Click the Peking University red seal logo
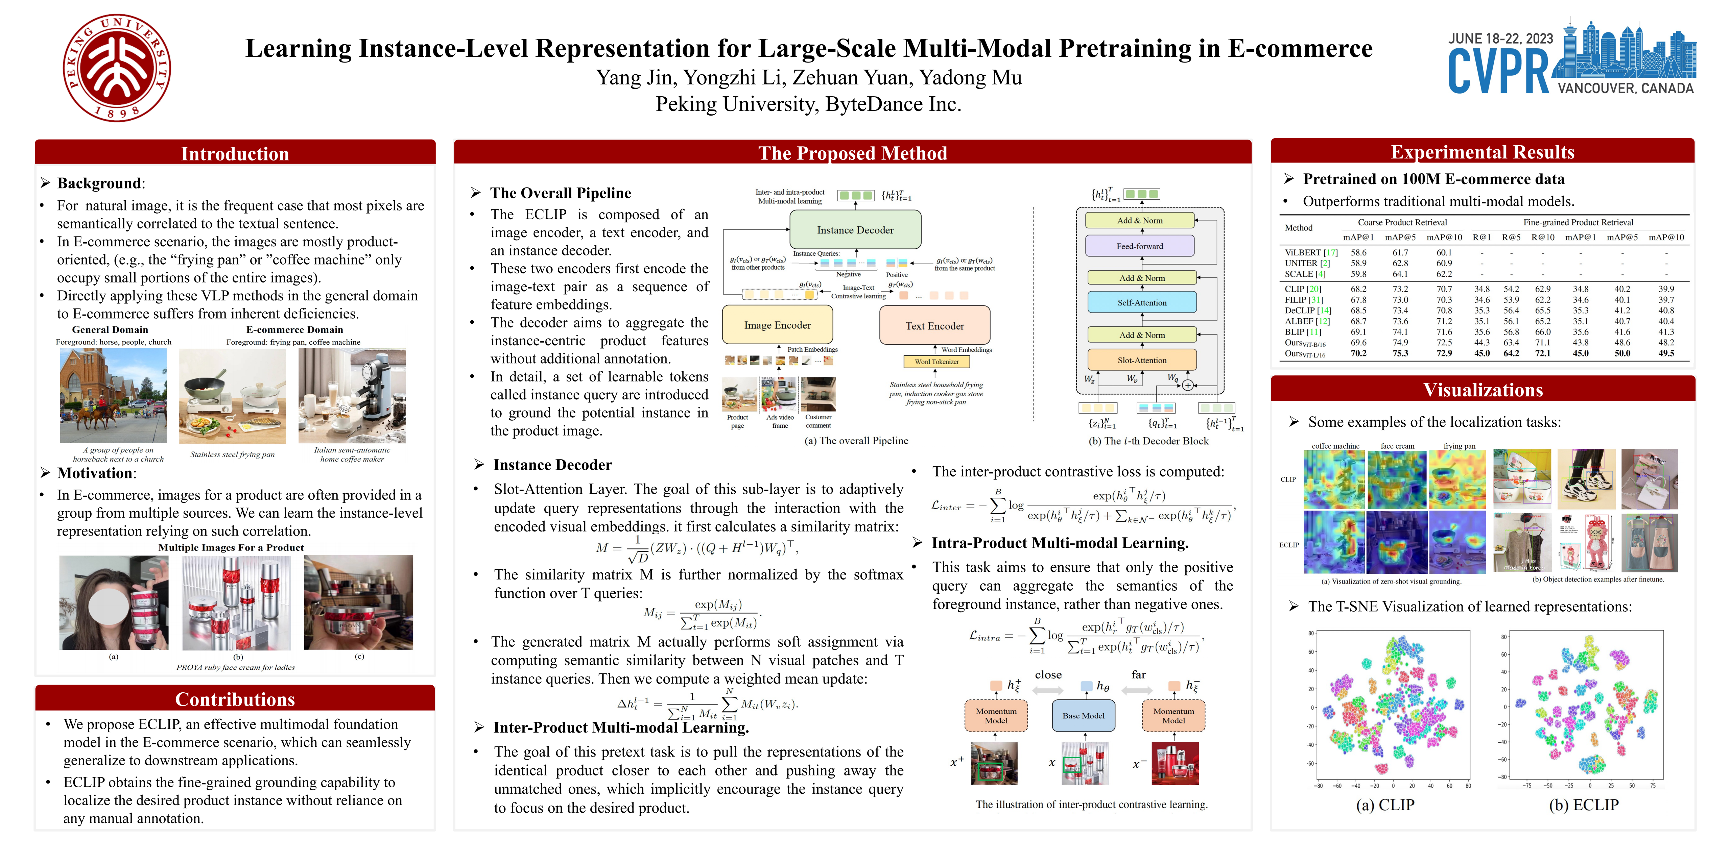(x=117, y=68)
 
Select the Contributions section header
(x=235, y=699)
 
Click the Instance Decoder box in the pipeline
(x=855, y=230)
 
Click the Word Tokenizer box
(x=936, y=361)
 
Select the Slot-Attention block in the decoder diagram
(x=1142, y=360)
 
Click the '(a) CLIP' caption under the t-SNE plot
(x=1385, y=805)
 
